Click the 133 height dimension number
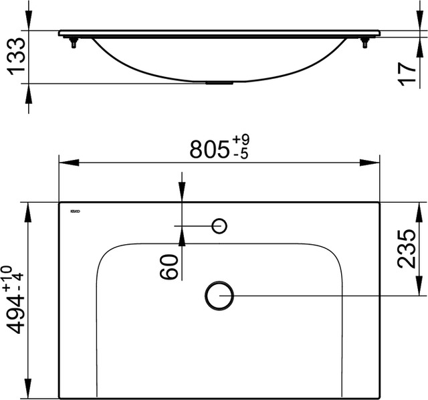click(15, 57)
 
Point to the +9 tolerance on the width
click(241, 141)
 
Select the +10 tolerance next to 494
click(7, 277)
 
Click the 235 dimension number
click(407, 247)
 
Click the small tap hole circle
click(219, 226)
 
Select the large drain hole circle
click(219, 295)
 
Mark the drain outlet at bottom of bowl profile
click(219, 84)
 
